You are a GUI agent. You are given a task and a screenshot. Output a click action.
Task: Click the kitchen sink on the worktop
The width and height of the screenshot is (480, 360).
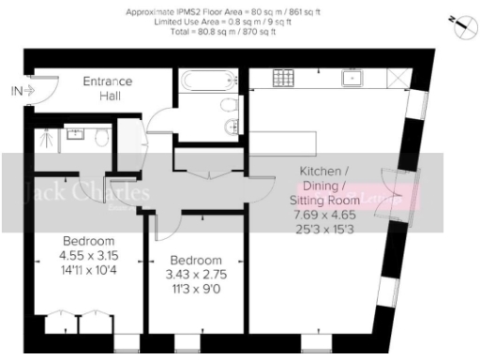[x=354, y=79]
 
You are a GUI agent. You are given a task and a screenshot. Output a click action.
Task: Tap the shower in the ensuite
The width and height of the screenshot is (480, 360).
[x=43, y=141]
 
